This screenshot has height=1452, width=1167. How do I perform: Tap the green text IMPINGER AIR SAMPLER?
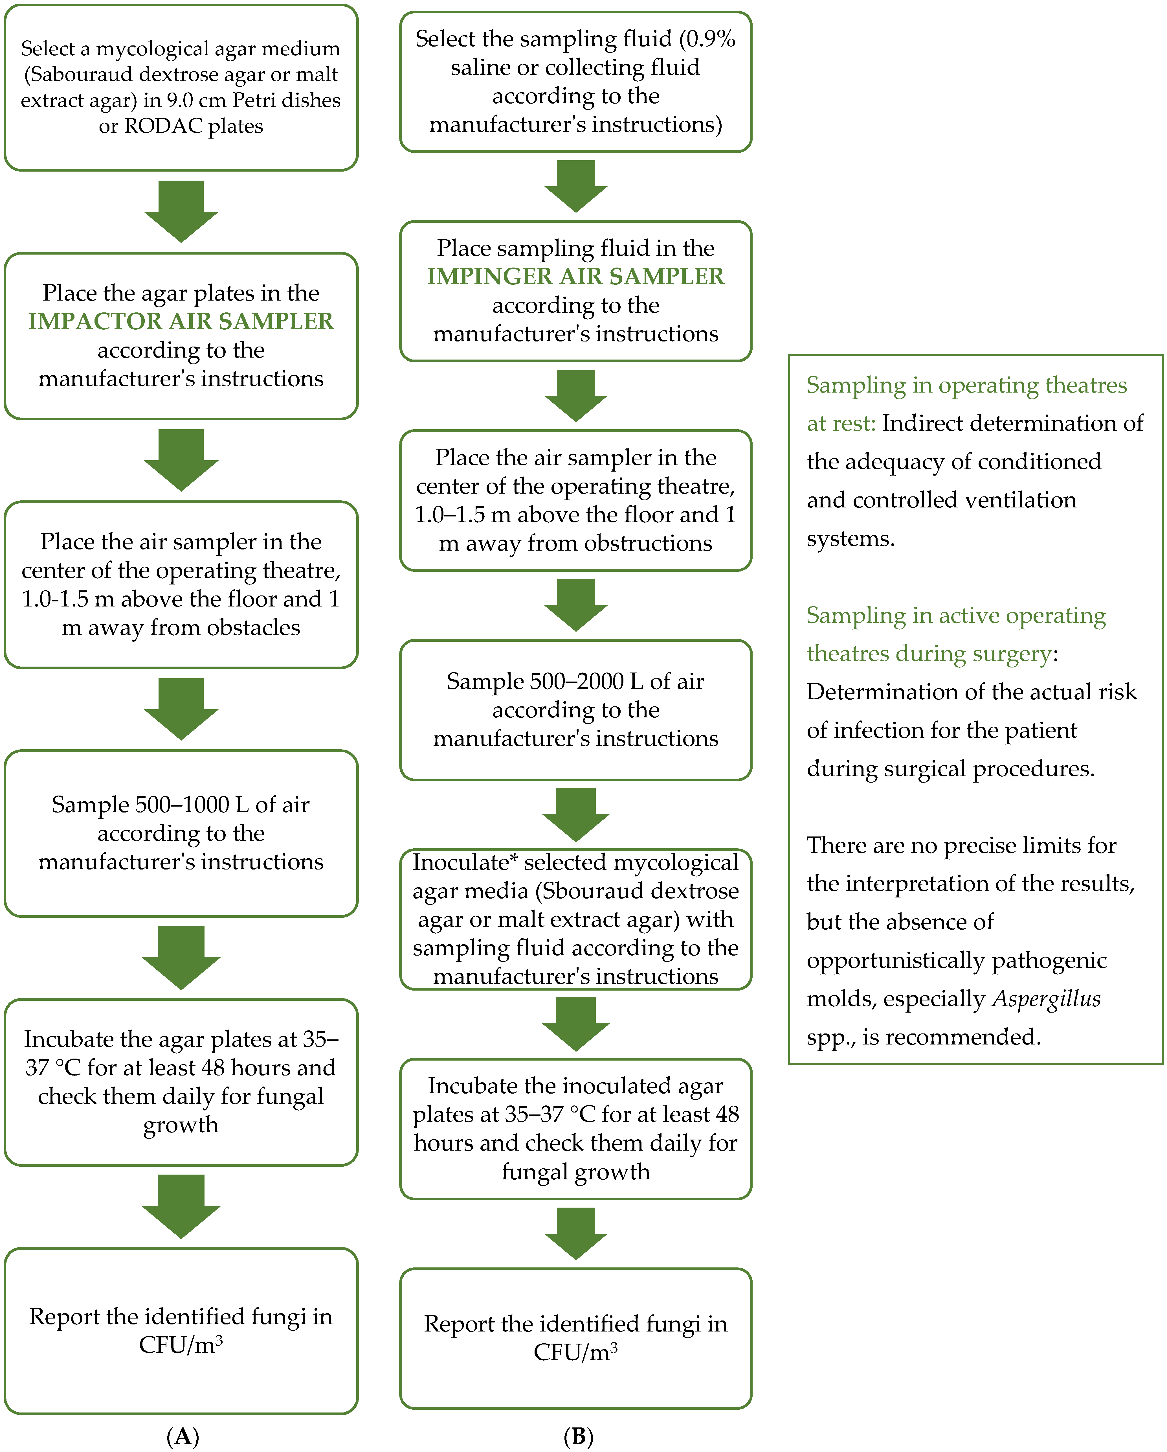point(575,276)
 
